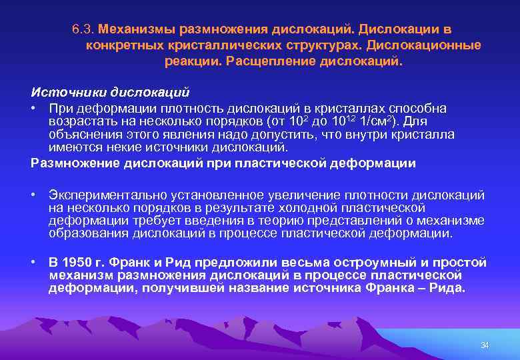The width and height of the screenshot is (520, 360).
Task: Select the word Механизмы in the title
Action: point(132,30)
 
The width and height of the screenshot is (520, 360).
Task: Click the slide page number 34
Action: point(485,345)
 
